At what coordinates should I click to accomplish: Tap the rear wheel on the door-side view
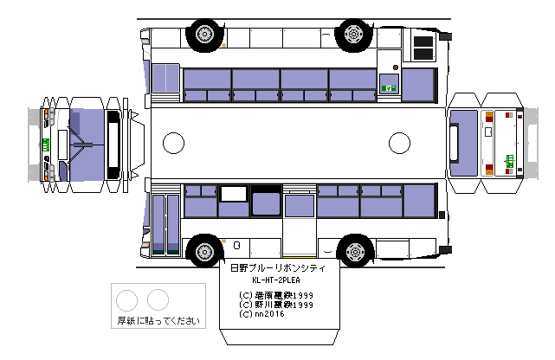354,252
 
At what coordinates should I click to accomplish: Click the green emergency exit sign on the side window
390,87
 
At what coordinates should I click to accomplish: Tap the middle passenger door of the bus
300,224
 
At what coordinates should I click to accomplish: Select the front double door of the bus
165,222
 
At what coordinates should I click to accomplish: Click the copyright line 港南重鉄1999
275,295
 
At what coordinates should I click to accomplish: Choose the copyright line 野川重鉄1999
275,305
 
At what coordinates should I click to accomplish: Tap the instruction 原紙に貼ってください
158,321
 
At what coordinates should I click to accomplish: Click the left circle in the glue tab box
127,300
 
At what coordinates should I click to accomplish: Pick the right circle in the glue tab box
157,300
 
